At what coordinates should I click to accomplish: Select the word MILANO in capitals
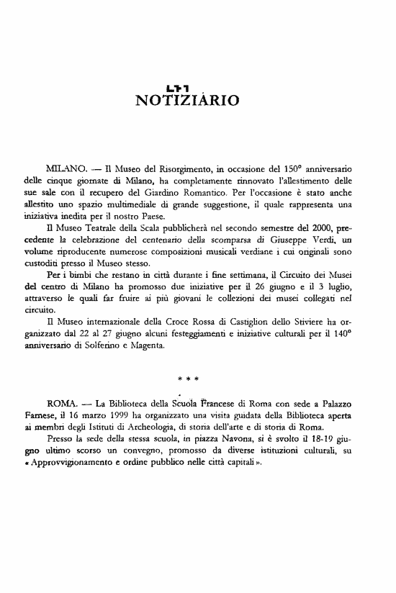(x=66, y=176)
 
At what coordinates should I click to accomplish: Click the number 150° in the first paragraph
(x=323, y=176)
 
